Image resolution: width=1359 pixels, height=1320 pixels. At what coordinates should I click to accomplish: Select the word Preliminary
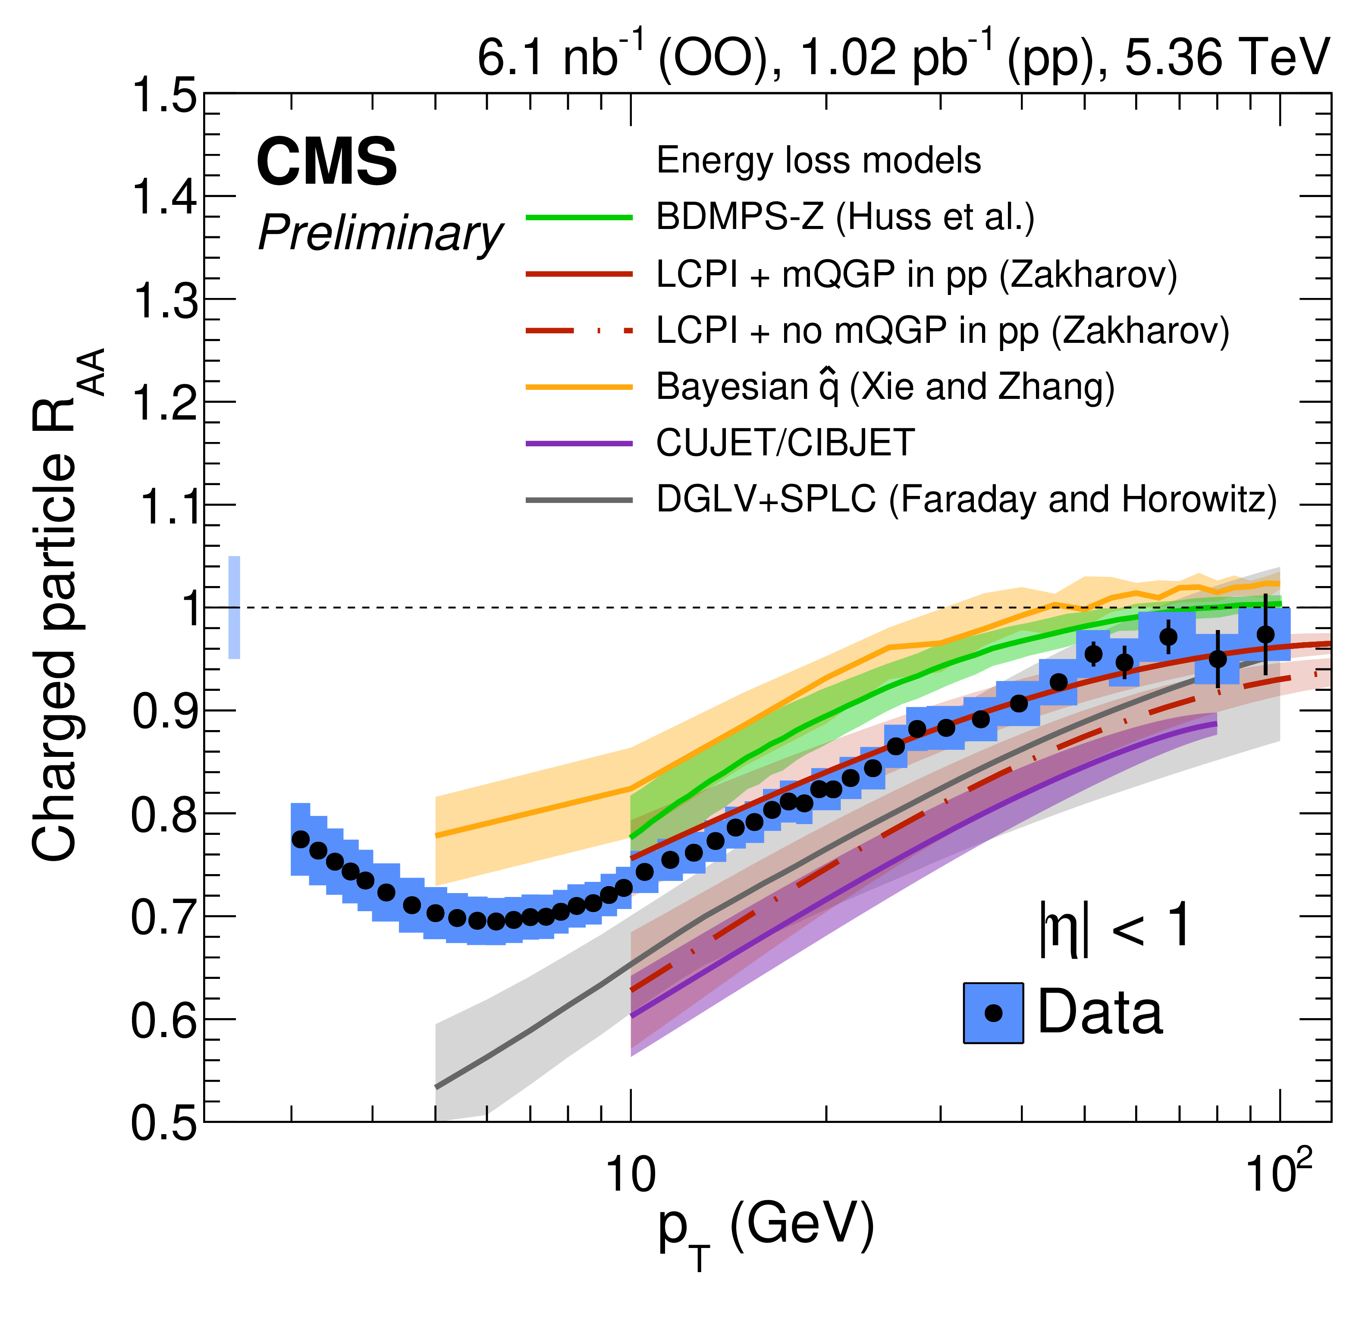pyautogui.click(x=380, y=233)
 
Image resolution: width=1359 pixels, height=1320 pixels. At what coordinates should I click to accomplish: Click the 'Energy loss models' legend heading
pyautogui.click(x=818, y=161)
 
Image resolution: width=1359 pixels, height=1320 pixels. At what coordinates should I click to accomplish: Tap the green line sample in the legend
pyautogui.click(x=579, y=218)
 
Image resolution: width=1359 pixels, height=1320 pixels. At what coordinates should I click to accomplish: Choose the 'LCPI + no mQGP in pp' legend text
pyautogui.click(x=942, y=331)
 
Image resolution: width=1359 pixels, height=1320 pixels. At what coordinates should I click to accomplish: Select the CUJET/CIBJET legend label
pyautogui.click(x=785, y=443)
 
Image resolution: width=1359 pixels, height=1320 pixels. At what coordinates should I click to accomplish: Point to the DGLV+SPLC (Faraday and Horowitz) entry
pyautogui.click(x=966, y=499)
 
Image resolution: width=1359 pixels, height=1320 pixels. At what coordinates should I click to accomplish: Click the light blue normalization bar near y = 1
pyautogui.click(x=234, y=607)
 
